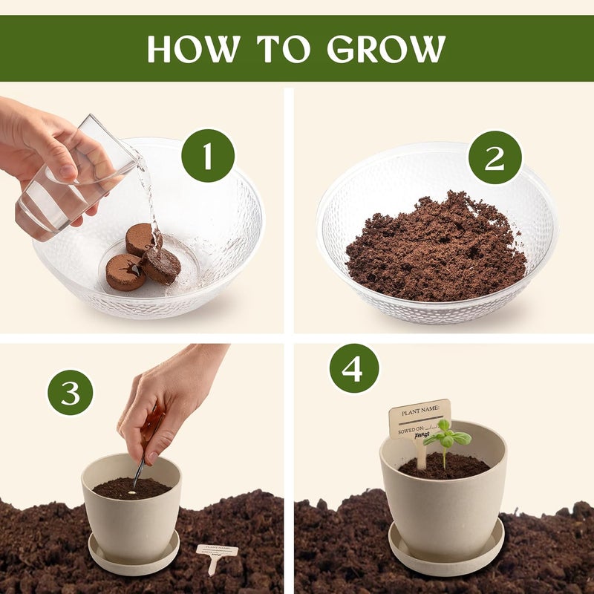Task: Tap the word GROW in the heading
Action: point(386,48)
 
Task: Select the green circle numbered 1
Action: point(208,155)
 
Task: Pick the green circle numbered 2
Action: point(495,157)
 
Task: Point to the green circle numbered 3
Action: point(71,392)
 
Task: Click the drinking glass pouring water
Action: point(71,182)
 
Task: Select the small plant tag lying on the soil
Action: point(216,554)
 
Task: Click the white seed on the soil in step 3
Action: point(132,490)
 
